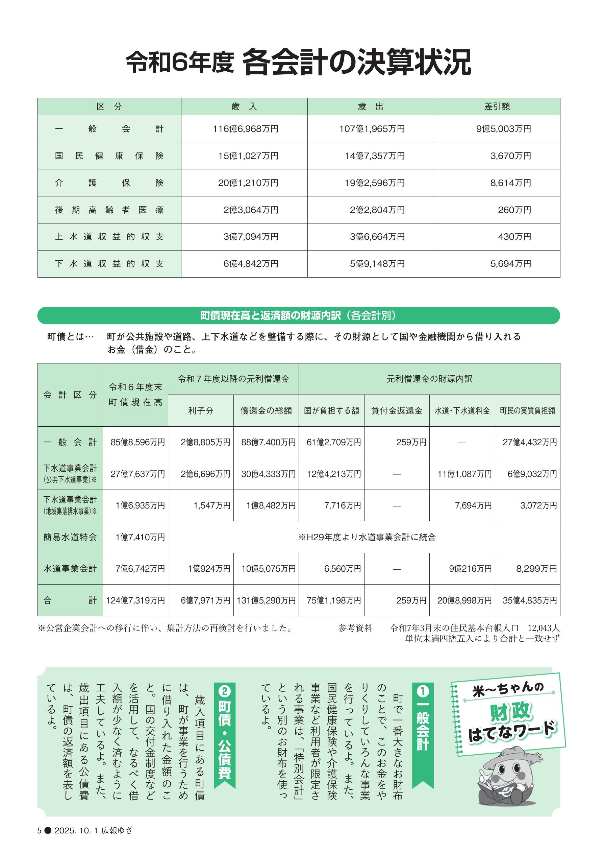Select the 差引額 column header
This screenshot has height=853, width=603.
(x=497, y=106)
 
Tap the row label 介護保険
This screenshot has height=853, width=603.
(x=109, y=183)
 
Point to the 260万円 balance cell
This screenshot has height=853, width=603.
(x=514, y=210)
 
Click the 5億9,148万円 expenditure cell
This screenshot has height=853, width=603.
(x=377, y=264)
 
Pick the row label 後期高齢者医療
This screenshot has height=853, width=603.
(x=109, y=210)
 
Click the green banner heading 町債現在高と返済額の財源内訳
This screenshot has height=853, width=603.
(x=270, y=315)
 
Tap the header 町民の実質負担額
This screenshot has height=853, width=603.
(x=527, y=410)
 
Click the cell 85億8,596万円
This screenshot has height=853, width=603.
(x=137, y=442)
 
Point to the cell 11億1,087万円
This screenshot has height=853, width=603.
(x=464, y=474)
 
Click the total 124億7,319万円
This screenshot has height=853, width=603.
(x=135, y=600)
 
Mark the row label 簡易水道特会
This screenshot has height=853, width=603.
(x=70, y=537)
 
